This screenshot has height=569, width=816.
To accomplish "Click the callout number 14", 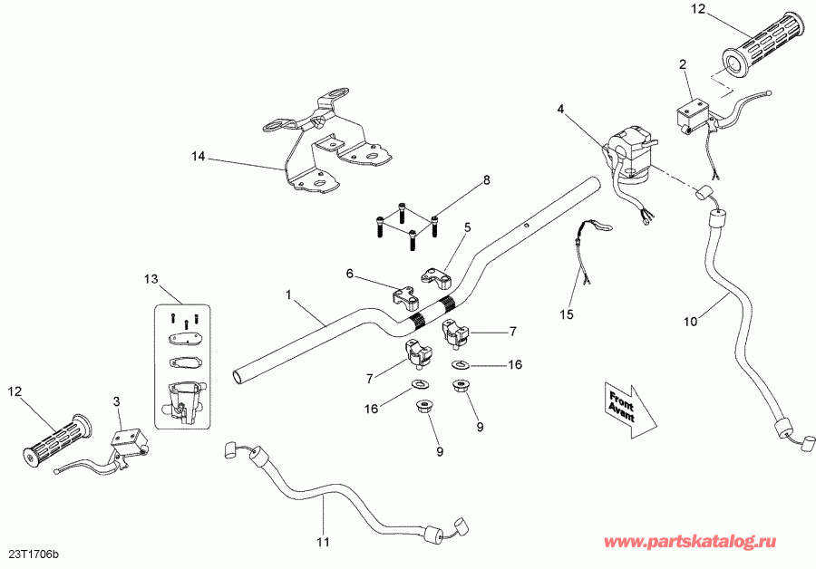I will coord(198,156).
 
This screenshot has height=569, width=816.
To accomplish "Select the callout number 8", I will coord(486,180).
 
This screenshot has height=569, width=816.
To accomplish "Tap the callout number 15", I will coord(567,314).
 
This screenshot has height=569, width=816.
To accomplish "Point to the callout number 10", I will coord(692,320).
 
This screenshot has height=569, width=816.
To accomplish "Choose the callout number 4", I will coord(560,109).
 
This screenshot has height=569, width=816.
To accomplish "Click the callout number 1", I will coord(288,294).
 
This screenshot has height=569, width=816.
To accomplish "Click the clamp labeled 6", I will coord(406,295).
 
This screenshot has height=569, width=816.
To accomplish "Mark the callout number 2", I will coord(683,64).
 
